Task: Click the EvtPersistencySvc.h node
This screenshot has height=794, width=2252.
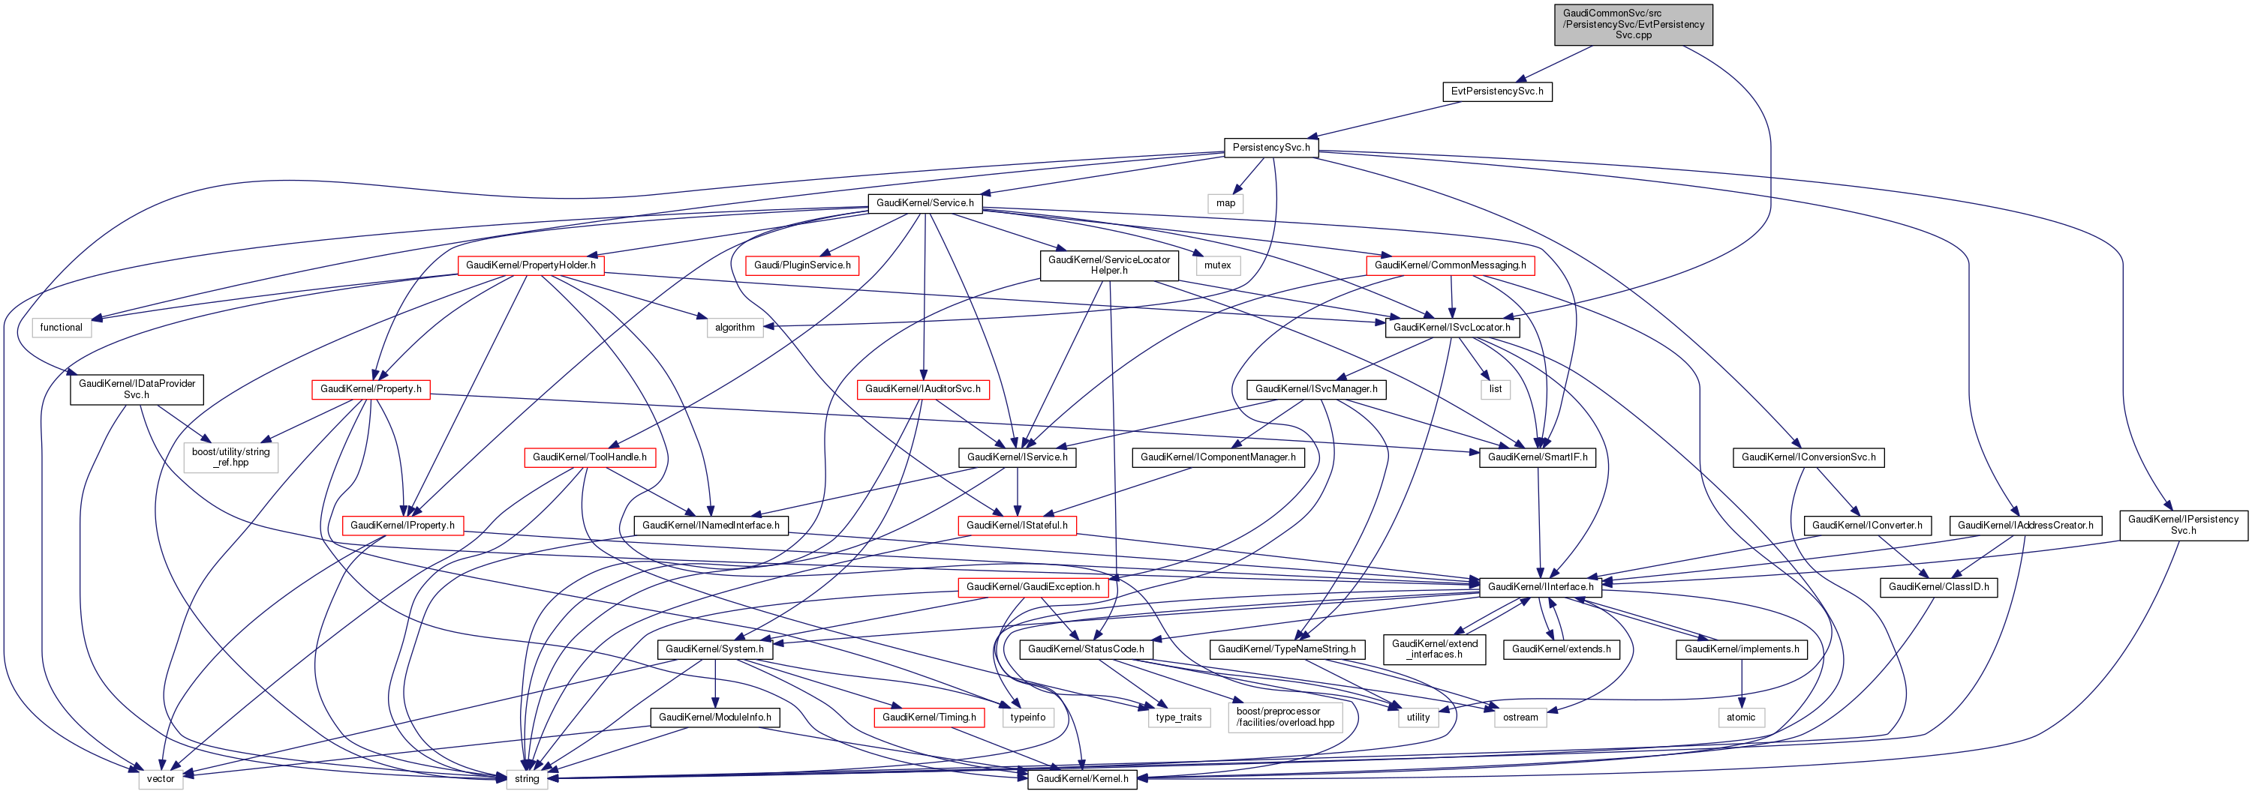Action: point(1496,91)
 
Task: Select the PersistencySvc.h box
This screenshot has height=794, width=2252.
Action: point(1271,148)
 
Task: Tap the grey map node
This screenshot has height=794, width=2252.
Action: point(1225,203)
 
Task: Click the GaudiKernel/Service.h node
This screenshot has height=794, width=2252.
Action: point(925,203)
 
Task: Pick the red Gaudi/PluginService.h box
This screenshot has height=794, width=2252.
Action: point(801,265)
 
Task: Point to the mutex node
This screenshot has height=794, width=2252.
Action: point(1217,265)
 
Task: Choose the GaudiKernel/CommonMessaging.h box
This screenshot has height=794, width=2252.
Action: point(1450,265)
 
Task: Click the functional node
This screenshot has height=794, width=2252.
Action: point(62,328)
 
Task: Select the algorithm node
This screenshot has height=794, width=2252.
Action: point(735,328)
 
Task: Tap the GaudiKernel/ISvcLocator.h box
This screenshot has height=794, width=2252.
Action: point(1451,328)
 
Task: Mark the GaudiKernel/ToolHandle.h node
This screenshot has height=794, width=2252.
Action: point(589,457)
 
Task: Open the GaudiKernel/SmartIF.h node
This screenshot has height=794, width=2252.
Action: point(1537,457)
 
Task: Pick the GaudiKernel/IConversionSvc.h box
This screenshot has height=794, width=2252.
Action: point(1808,457)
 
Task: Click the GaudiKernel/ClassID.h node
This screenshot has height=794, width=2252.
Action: point(1938,588)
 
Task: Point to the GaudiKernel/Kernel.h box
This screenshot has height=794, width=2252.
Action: point(1081,779)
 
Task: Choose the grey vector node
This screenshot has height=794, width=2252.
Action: point(160,779)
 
